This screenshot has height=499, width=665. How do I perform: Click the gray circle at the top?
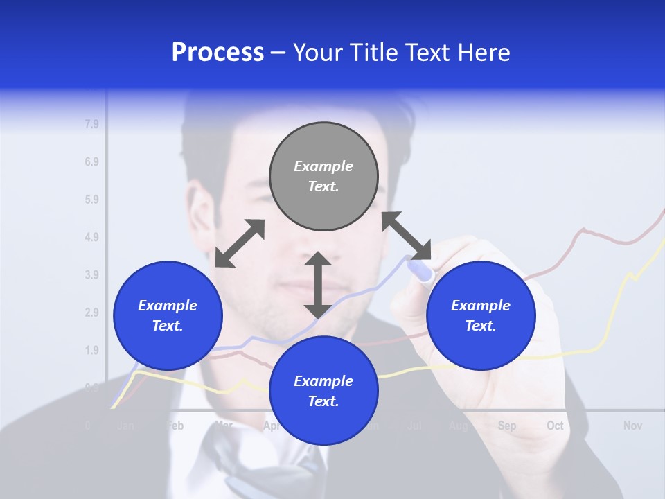pyautogui.click(x=323, y=177)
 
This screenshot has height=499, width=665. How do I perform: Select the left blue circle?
pyautogui.click(x=167, y=315)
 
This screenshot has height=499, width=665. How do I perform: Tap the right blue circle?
pyautogui.click(x=480, y=315)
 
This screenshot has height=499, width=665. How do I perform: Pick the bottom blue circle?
pyautogui.click(x=323, y=390)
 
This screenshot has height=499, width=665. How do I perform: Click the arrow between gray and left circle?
pyautogui.click(x=240, y=243)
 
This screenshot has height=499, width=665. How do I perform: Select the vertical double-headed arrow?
pyautogui.click(x=318, y=285)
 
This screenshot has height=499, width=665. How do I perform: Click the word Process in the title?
pyautogui.click(x=218, y=52)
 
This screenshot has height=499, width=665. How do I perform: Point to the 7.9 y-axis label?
pyautogui.click(x=91, y=125)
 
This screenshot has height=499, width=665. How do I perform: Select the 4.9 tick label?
pyautogui.click(x=91, y=238)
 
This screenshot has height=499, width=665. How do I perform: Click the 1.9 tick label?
pyautogui.click(x=91, y=350)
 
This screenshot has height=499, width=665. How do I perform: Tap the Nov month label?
pyautogui.click(x=632, y=426)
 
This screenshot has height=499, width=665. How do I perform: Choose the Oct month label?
pyautogui.click(x=555, y=426)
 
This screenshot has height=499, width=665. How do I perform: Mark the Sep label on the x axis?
pyautogui.click(x=507, y=426)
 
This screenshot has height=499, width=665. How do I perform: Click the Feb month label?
pyautogui.click(x=175, y=426)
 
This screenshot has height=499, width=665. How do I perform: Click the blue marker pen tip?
pyautogui.click(x=420, y=271)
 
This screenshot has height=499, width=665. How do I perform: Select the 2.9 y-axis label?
pyautogui.click(x=91, y=313)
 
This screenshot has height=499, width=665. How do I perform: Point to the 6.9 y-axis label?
pyautogui.click(x=91, y=162)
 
